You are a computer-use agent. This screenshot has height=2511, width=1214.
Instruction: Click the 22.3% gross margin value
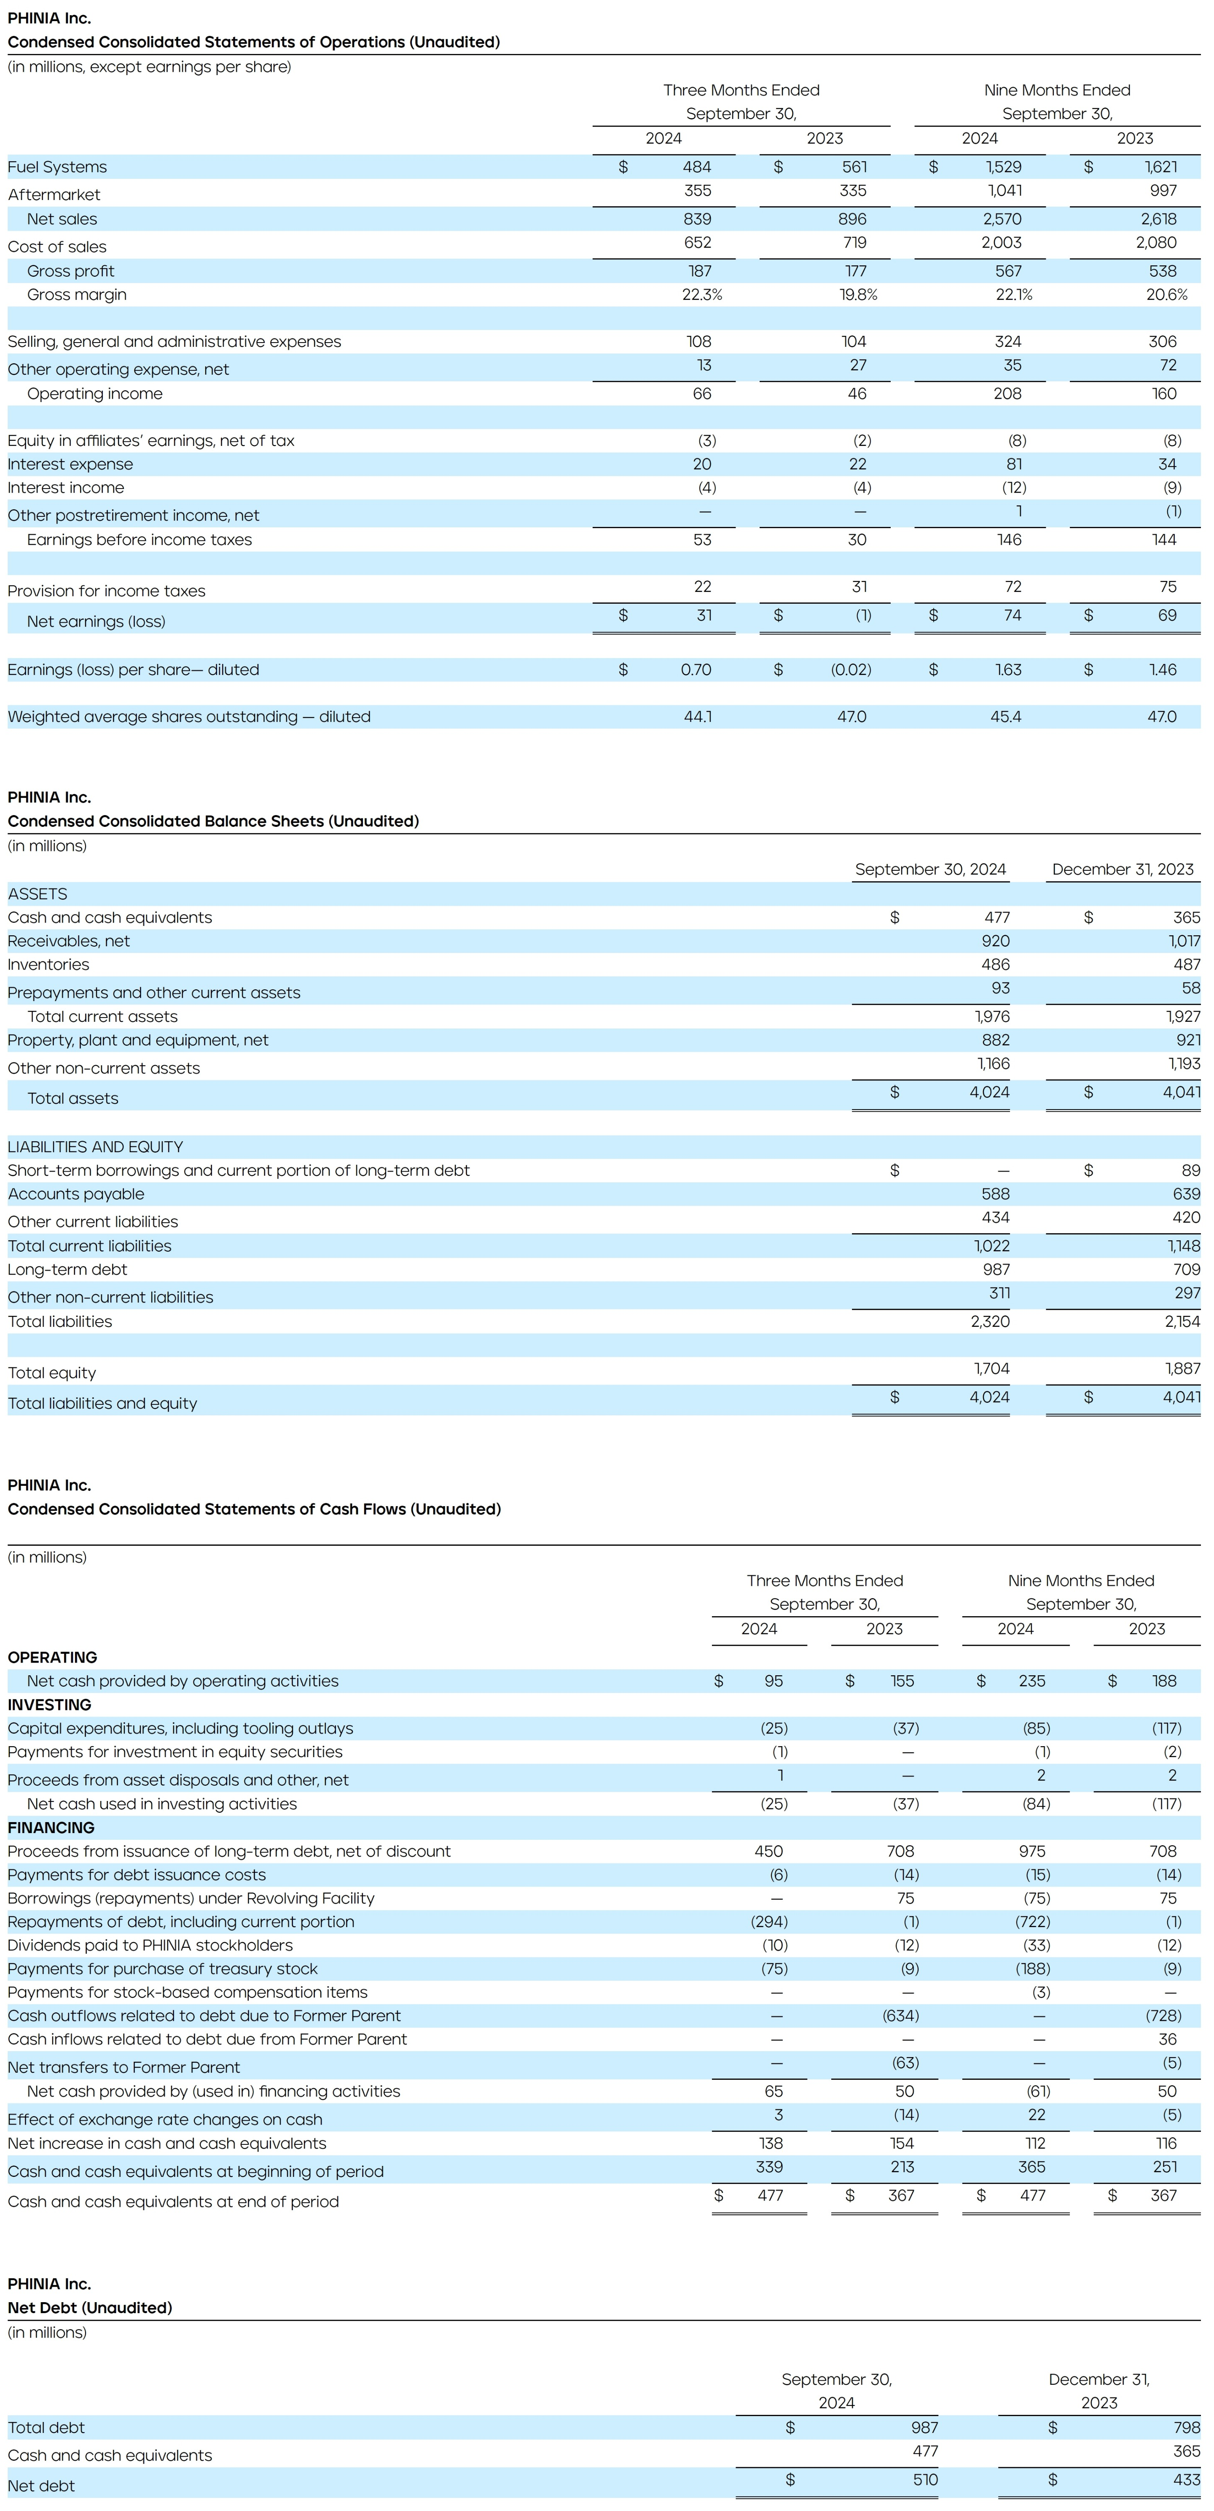click(x=701, y=294)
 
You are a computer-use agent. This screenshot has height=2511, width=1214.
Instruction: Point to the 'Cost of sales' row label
click(x=56, y=247)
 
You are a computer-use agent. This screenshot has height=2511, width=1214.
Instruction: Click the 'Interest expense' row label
click(x=70, y=464)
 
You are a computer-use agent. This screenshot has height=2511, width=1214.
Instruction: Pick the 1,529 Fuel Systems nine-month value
click(x=1004, y=167)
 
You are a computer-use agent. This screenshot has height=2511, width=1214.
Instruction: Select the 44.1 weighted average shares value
click(x=698, y=716)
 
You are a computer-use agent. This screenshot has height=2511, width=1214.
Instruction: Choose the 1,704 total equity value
click(x=992, y=1369)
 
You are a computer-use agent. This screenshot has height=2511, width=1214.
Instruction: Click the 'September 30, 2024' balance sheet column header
click(x=930, y=869)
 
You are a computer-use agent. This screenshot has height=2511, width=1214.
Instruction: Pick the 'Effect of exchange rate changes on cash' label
click(x=165, y=2119)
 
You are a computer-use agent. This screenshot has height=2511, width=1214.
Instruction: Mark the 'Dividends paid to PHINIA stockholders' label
click(x=150, y=1945)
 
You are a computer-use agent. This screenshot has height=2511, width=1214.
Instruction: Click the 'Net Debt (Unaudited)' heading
click(x=90, y=2307)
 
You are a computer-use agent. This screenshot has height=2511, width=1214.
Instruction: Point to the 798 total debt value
click(x=1187, y=2427)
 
